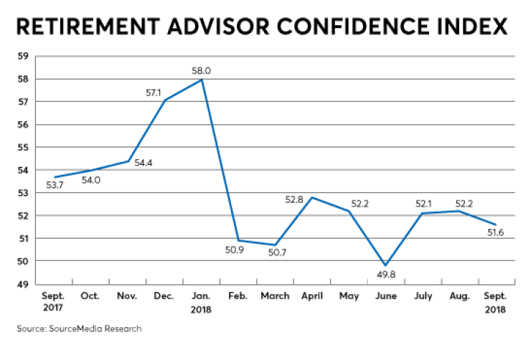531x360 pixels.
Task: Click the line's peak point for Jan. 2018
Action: pyautogui.click(x=202, y=79)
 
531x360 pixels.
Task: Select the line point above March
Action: pyautogui.click(x=275, y=245)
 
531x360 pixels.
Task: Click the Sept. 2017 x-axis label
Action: pyautogui.click(x=55, y=303)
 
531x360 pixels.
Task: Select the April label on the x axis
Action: pyautogui.click(x=311, y=296)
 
